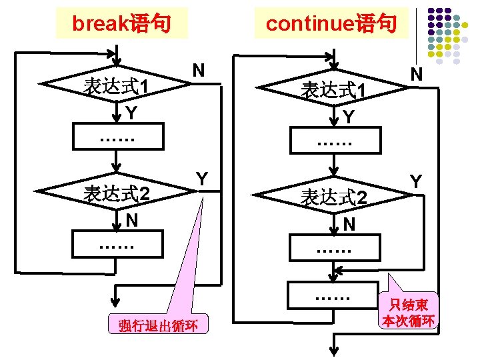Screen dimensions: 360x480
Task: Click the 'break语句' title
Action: [x=121, y=24]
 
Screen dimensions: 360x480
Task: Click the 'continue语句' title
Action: [x=331, y=24]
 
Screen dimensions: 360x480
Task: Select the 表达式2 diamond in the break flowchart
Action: [x=116, y=193]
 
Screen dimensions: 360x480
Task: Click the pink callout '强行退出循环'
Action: [x=159, y=326]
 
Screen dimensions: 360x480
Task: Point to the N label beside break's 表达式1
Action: [x=198, y=70]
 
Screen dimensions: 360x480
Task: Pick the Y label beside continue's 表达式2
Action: [x=416, y=181]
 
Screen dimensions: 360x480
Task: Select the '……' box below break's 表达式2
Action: [x=117, y=245]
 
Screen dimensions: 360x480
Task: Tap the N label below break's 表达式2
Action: [x=132, y=219]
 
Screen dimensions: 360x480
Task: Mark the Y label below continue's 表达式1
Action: [x=349, y=117]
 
